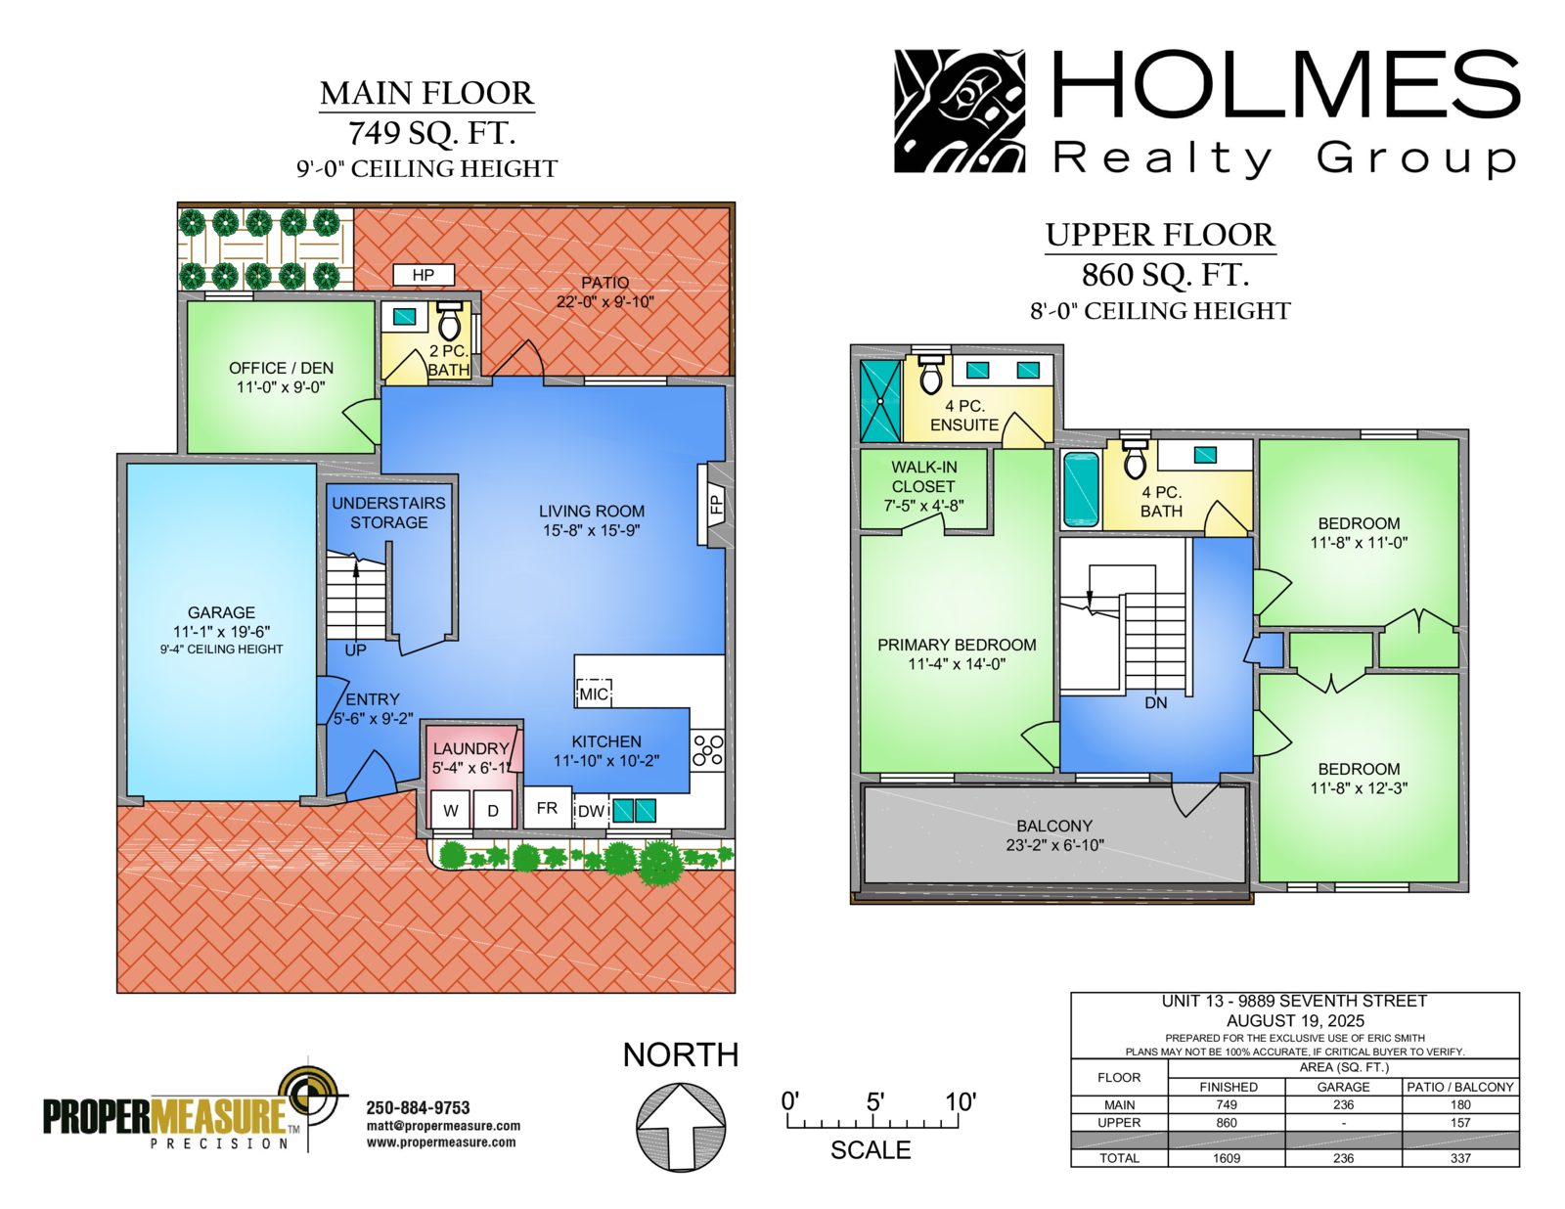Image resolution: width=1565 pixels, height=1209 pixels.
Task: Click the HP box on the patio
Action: (x=424, y=274)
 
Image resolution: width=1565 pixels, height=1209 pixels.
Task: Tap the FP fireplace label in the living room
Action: (x=715, y=504)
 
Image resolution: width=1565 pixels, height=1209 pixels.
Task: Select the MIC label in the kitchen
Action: (x=594, y=694)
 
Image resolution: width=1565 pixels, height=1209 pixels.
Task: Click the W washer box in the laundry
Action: (x=451, y=809)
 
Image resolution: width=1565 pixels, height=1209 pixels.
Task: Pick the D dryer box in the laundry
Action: (x=493, y=809)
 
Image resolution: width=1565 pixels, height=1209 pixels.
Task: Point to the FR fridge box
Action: (x=548, y=808)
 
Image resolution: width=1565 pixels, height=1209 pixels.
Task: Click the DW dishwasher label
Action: (x=592, y=811)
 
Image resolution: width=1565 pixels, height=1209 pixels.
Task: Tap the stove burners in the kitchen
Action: (x=707, y=749)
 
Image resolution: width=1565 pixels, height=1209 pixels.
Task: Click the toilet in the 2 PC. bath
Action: (x=449, y=321)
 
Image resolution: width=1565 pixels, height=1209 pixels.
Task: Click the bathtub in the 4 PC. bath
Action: (x=1081, y=489)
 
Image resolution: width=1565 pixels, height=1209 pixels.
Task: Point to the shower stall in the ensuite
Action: (x=880, y=400)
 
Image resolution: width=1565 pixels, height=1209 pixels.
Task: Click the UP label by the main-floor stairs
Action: (x=355, y=650)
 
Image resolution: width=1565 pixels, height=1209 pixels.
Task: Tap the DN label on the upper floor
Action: (x=1156, y=702)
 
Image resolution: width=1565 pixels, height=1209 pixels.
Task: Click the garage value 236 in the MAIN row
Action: (x=1343, y=1104)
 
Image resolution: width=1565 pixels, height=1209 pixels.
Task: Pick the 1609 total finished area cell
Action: (x=1227, y=1158)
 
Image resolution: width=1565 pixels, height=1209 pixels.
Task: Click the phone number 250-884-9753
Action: (x=418, y=1107)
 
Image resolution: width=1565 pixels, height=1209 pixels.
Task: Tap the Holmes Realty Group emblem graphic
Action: (x=960, y=111)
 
